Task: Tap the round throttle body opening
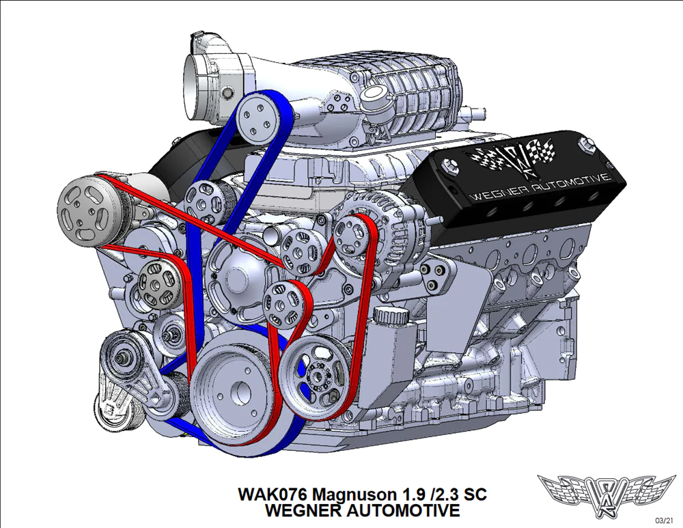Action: (199, 87)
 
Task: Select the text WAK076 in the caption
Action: (273, 494)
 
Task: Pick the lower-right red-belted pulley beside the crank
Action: (320, 374)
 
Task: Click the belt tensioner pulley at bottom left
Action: (122, 357)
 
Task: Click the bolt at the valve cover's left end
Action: (447, 165)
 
